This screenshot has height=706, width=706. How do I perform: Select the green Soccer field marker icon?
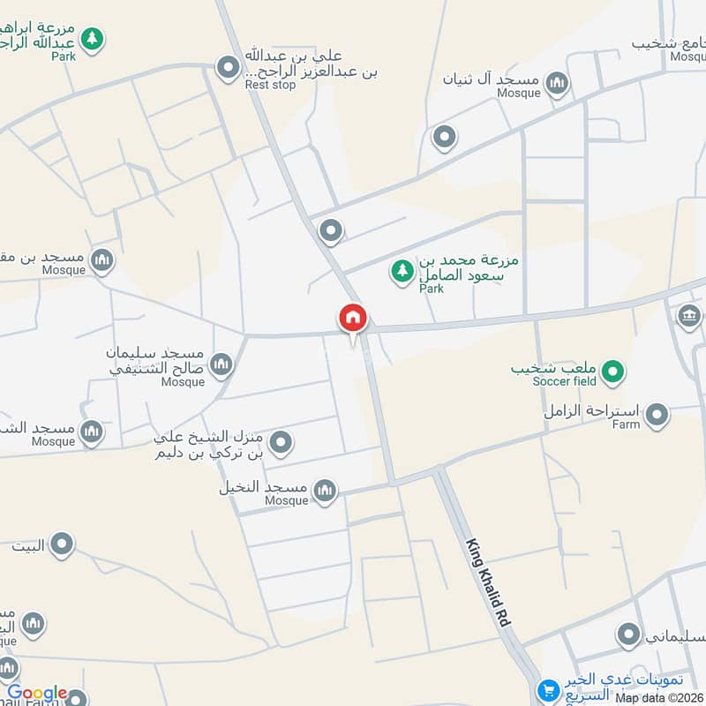coord(613,372)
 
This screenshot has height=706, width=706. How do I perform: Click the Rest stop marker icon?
coord(229,66)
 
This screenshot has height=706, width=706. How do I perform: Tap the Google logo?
coord(37,694)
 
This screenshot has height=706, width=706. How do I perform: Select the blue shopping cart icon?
coord(548,690)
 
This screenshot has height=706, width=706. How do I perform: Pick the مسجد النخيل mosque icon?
coord(326,491)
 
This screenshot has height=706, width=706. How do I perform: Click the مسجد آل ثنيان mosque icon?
coord(557,85)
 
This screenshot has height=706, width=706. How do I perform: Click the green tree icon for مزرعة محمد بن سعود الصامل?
coord(402,271)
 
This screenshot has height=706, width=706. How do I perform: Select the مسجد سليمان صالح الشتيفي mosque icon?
coord(222,364)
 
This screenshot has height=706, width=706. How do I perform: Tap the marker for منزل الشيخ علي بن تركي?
coord(281,443)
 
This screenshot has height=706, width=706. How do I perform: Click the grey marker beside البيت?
coord(61,545)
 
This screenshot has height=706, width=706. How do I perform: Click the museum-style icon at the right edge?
coord(689,315)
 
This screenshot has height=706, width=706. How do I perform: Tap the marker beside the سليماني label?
coord(628,634)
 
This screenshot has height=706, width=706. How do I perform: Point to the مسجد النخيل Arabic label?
coord(263,487)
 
